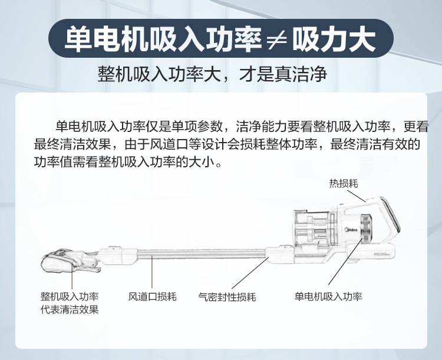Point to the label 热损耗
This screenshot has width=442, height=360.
click(x=344, y=183)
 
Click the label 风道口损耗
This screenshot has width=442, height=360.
click(x=153, y=296)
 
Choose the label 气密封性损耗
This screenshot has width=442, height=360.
click(x=227, y=296)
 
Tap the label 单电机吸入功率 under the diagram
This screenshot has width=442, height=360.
click(x=328, y=296)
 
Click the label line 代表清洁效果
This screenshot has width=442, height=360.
click(x=70, y=310)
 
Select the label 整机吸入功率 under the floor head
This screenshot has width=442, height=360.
click(x=70, y=296)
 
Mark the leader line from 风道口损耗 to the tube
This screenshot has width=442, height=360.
click(x=153, y=274)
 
